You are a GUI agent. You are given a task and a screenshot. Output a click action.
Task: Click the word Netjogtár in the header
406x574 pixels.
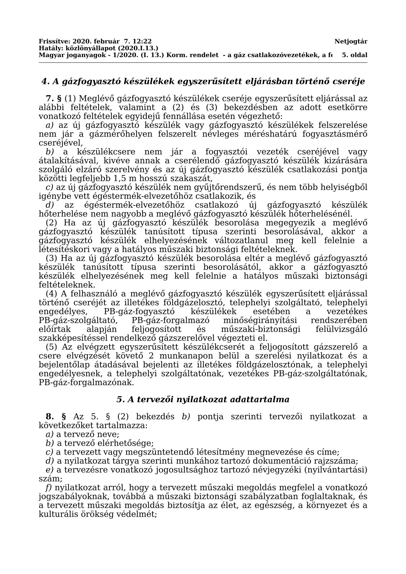tap(351, 42)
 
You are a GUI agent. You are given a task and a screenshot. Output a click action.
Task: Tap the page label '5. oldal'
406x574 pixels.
tap(354, 55)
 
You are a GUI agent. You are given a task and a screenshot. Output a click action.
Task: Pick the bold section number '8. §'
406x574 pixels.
tap(56, 417)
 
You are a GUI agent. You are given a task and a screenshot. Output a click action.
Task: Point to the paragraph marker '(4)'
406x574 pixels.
tap(52, 294)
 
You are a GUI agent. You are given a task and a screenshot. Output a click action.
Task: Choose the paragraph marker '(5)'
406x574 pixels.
tap(52, 347)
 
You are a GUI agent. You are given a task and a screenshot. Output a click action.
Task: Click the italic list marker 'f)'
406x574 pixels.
tap(49, 488)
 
